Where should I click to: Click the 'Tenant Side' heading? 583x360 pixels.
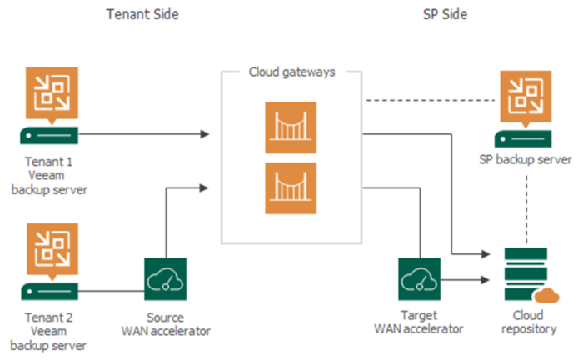click(x=142, y=15)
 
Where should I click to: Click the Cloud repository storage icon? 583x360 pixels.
click(x=523, y=275)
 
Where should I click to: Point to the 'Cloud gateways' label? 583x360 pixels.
click(x=291, y=72)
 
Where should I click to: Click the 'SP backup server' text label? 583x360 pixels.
click(x=525, y=159)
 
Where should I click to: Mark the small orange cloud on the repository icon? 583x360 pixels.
click(x=547, y=294)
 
